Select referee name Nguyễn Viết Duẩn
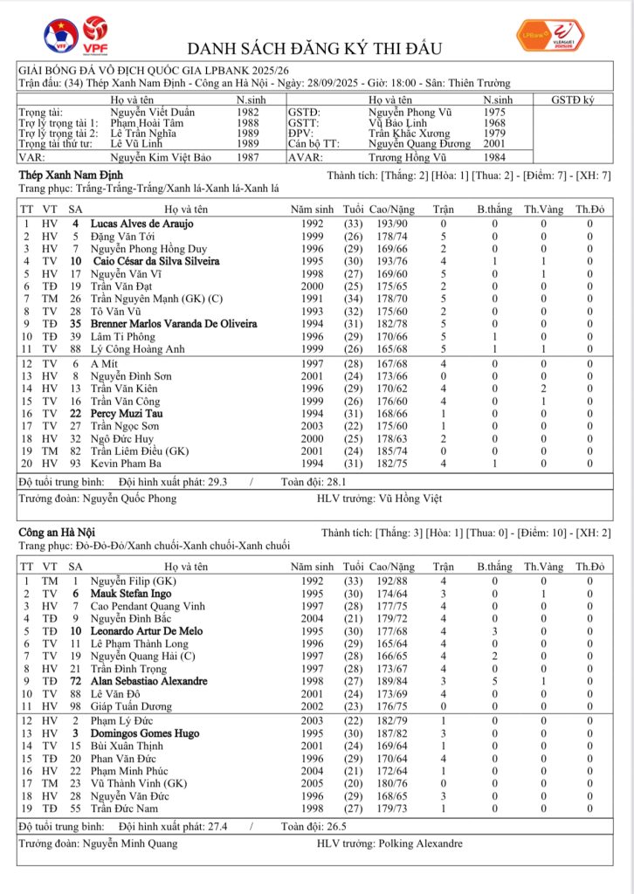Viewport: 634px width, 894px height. (153, 113)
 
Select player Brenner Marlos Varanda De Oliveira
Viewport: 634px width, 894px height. (173, 324)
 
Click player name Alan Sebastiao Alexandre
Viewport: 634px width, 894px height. (148, 681)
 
